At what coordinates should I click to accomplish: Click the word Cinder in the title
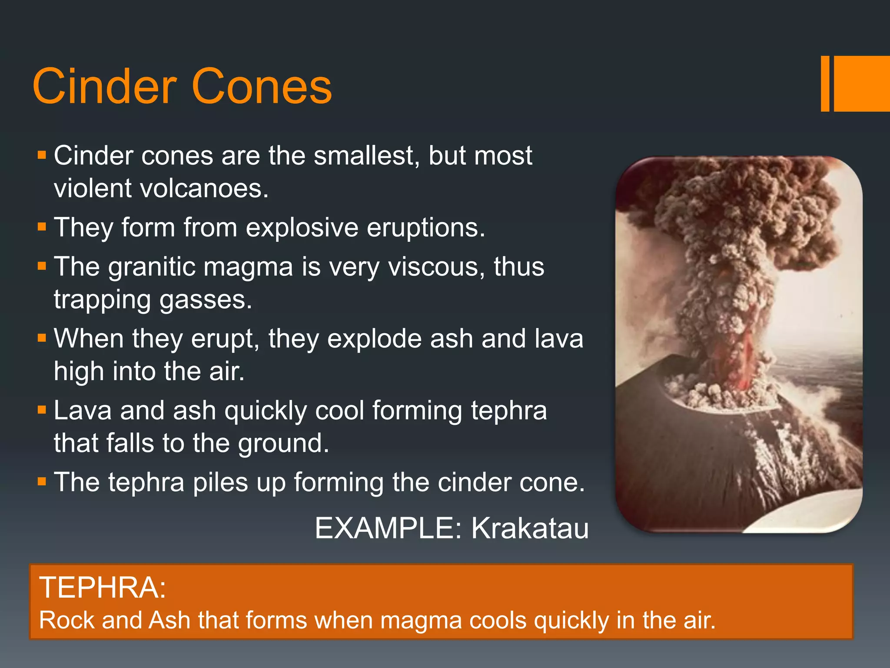click(x=104, y=87)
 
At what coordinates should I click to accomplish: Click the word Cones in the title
click(x=262, y=87)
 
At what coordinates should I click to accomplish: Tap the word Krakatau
click(x=530, y=528)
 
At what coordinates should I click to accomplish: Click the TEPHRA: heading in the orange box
click(x=103, y=588)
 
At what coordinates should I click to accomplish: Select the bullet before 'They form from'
click(x=42, y=227)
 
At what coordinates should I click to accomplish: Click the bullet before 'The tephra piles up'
click(x=42, y=481)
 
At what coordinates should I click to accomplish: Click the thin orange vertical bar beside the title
click(x=825, y=83)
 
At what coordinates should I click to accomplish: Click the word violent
click(x=92, y=189)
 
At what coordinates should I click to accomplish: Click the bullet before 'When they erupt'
click(x=42, y=338)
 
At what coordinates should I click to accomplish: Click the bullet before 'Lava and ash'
click(x=42, y=410)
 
